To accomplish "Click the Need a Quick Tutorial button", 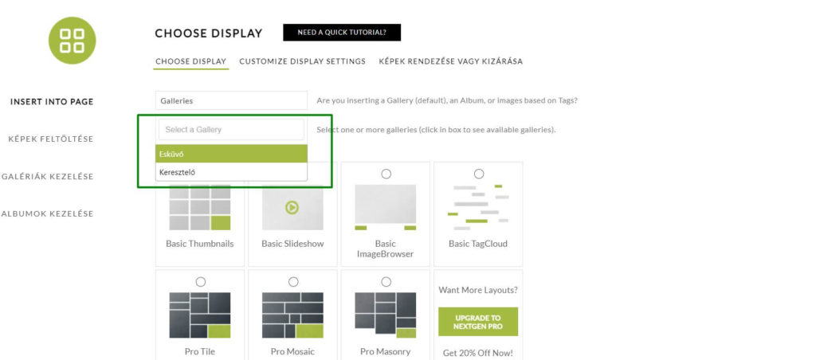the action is pyautogui.click(x=342, y=32).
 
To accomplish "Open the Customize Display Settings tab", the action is pyautogui.click(x=302, y=61).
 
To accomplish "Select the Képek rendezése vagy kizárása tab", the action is pyautogui.click(x=451, y=61).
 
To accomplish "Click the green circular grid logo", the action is pyautogui.click(x=73, y=41).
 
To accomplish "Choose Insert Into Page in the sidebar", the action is pyautogui.click(x=52, y=101).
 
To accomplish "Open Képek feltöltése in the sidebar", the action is pyautogui.click(x=51, y=139).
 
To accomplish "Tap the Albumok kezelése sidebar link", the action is pyautogui.click(x=47, y=213).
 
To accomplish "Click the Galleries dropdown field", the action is pyautogui.click(x=232, y=100).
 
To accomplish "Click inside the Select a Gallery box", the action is pyautogui.click(x=232, y=130).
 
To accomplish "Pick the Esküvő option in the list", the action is pyautogui.click(x=232, y=154).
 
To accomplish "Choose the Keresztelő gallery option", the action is pyautogui.click(x=232, y=172).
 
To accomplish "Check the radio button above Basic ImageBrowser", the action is pyautogui.click(x=386, y=174).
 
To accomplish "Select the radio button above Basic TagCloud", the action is pyautogui.click(x=479, y=174).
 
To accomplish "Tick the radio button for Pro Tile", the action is pyautogui.click(x=200, y=282).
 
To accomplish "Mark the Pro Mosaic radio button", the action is pyautogui.click(x=293, y=282).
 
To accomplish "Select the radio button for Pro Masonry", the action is pyautogui.click(x=386, y=282).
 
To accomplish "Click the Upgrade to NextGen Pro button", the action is pyautogui.click(x=478, y=322).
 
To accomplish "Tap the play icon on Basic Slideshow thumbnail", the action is pyautogui.click(x=292, y=208).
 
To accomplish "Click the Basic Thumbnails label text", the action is pyautogui.click(x=200, y=244).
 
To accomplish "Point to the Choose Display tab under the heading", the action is pyautogui.click(x=191, y=61).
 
